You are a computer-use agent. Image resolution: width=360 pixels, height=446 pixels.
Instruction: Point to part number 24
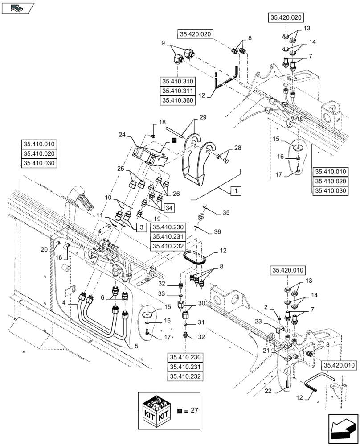pos(122,134)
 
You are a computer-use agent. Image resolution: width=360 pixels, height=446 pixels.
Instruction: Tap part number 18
pos(149,122)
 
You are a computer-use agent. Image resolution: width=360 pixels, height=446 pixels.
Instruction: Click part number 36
pos(217,231)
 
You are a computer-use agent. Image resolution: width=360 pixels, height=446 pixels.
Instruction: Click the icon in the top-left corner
pos(17,7)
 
